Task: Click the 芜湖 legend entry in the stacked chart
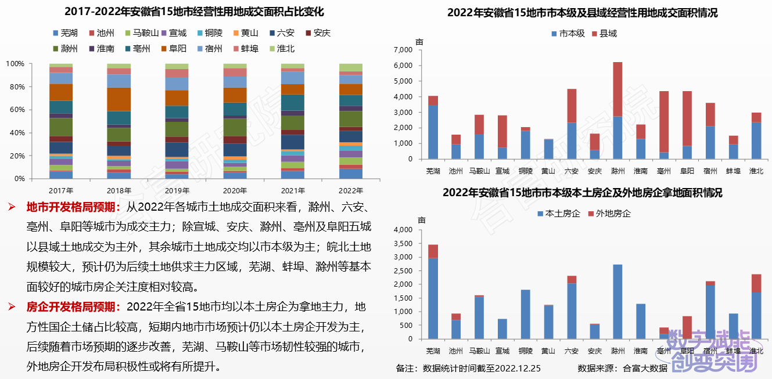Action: [x=66, y=34]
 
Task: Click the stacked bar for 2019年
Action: [x=177, y=121]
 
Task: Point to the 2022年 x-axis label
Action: [x=350, y=190]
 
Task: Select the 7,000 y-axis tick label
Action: [x=403, y=50]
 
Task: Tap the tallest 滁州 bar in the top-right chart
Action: [x=617, y=110]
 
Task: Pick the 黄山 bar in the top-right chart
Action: [x=548, y=149]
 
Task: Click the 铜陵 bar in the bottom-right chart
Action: [x=525, y=314]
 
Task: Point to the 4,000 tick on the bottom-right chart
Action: [x=403, y=230]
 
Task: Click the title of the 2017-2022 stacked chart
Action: [x=193, y=12]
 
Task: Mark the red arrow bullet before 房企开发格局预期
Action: [x=11, y=306]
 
